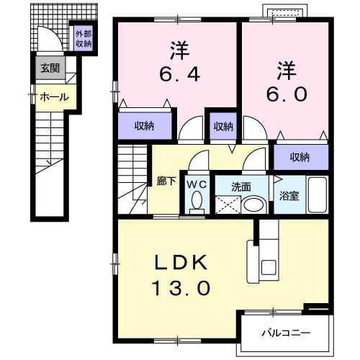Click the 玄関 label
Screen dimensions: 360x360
[x=50, y=69]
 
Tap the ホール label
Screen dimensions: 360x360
[x=54, y=96]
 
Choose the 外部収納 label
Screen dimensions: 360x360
[x=84, y=38]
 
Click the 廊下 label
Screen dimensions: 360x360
[x=166, y=181]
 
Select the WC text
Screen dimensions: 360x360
[x=195, y=185]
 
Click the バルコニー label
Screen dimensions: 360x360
[x=285, y=333]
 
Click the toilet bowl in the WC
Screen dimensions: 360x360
[x=195, y=204]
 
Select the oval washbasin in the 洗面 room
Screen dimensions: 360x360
[x=253, y=204]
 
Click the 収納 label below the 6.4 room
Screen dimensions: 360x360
[x=145, y=126]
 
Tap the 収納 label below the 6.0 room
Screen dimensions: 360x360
[x=300, y=156]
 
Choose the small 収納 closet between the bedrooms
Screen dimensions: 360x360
[x=222, y=126]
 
